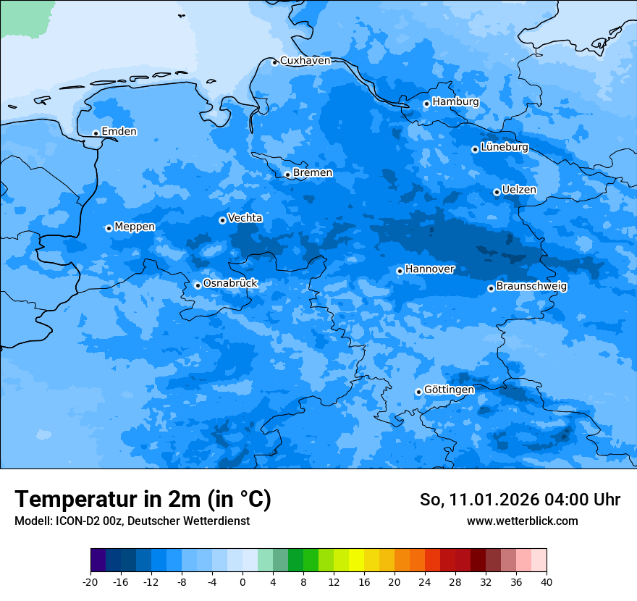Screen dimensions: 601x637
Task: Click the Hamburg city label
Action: coord(455,102)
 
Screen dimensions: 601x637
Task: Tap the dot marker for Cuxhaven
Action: coord(274,62)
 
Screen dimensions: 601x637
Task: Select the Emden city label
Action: coord(119,132)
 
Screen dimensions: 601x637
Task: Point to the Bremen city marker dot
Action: coord(287,175)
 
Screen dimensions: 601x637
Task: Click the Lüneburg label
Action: coord(504,148)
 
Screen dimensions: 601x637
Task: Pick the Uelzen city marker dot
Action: coord(497,192)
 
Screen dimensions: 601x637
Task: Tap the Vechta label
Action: coord(245,218)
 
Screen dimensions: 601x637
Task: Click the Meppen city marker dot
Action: coord(109,228)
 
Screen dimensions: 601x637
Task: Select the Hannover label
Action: coord(429,269)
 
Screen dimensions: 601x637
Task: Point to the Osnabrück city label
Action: coord(230,284)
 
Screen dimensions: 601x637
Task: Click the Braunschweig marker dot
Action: coord(491,288)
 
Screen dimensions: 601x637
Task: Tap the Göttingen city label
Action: coord(449,390)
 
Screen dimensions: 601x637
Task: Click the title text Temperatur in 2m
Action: coord(143,500)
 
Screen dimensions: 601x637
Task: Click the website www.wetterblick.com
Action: coord(522,521)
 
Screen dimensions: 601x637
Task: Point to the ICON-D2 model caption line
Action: coord(132,521)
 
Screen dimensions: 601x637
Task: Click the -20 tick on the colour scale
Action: coord(90,582)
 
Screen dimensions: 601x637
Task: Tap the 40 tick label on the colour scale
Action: coord(546,582)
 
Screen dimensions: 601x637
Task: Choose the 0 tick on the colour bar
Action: coord(242,582)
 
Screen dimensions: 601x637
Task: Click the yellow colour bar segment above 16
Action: coord(356,560)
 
